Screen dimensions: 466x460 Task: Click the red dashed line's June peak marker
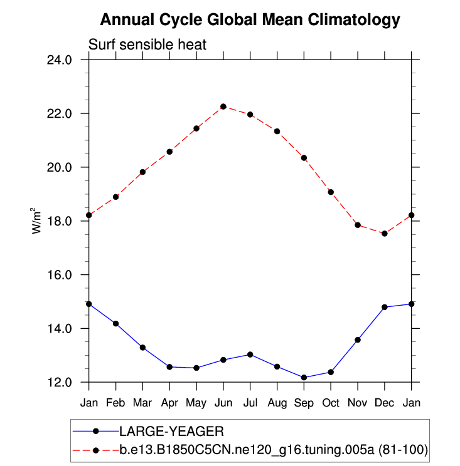pyautogui.click(x=223, y=106)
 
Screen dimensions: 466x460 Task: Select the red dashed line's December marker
pyautogui.click(x=385, y=234)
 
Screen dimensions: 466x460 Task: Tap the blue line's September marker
pyautogui.click(x=304, y=377)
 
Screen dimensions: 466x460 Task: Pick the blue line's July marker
pyautogui.click(x=250, y=355)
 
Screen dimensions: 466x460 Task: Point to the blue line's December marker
pyautogui.click(x=385, y=307)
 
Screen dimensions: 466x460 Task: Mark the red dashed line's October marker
pyautogui.click(x=331, y=192)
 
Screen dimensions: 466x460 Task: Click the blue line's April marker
pyautogui.click(x=169, y=366)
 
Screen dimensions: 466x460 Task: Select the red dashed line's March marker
pyautogui.click(x=142, y=172)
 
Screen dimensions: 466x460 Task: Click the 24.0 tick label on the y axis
pyautogui.click(x=60, y=60)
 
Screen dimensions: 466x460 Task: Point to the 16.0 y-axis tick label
pyautogui.click(x=60, y=275)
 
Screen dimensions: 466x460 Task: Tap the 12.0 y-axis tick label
pyautogui.click(x=60, y=382)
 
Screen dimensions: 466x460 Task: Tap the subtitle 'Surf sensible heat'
pyautogui.click(x=147, y=45)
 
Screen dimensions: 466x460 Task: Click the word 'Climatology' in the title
pyautogui.click(x=355, y=20)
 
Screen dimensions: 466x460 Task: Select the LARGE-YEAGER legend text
pyautogui.click(x=171, y=431)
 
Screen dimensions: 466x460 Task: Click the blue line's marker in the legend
pyautogui.click(x=95, y=431)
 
